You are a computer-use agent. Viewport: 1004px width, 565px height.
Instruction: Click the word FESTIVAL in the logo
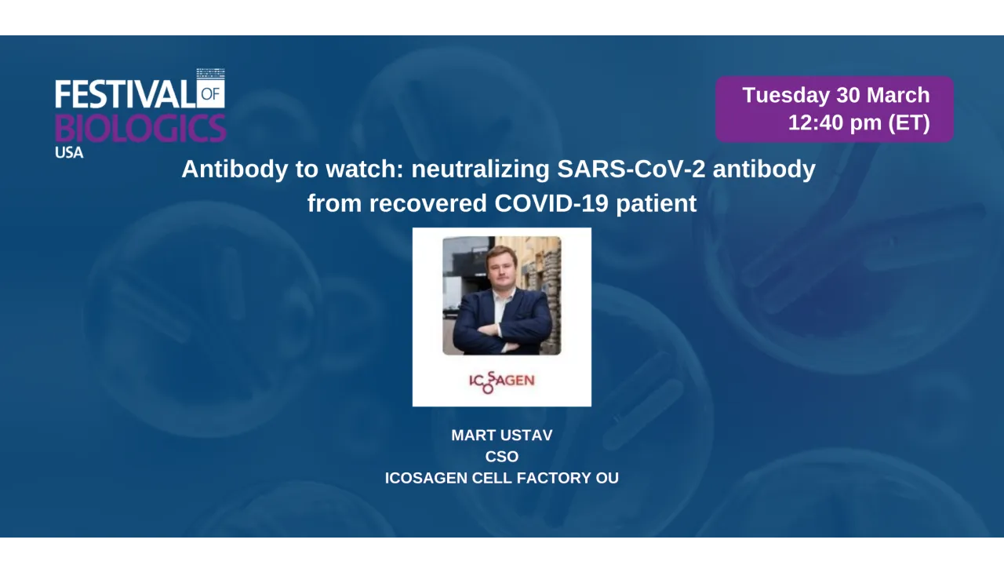point(125,95)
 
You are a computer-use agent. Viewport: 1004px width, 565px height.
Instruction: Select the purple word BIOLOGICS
point(140,127)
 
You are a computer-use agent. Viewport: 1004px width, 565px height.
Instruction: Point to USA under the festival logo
point(69,153)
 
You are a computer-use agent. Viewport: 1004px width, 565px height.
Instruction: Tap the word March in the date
point(898,95)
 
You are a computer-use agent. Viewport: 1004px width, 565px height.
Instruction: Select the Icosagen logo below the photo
point(502,381)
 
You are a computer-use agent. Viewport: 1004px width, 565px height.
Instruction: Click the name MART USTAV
point(502,436)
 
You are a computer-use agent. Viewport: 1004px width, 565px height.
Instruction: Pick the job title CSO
point(502,457)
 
